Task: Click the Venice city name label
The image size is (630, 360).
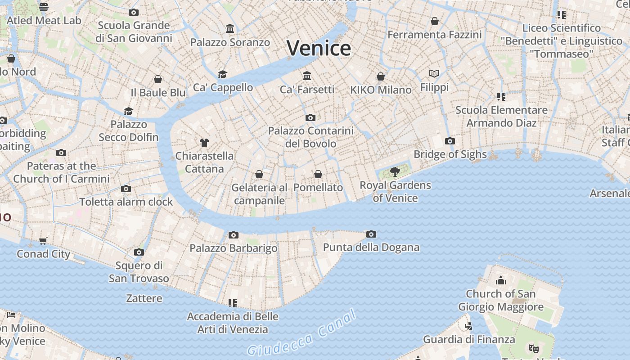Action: pyautogui.click(x=319, y=48)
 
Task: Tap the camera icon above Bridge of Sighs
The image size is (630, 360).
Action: pyautogui.click(x=450, y=141)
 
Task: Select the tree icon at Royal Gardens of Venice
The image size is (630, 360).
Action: pyautogui.click(x=395, y=171)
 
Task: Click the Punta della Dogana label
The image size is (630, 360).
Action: pyautogui.click(x=371, y=247)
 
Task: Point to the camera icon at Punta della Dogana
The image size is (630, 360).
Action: pyautogui.click(x=371, y=234)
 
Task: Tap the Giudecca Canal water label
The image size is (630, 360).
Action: pyautogui.click(x=302, y=333)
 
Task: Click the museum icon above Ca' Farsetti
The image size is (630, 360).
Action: pyautogui.click(x=307, y=76)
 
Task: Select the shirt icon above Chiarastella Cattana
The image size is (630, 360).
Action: pyautogui.click(x=204, y=142)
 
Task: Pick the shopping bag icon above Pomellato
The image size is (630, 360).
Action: pyautogui.click(x=318, y=174)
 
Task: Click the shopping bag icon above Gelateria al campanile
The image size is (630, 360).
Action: pyautogui.click(x=259, y=174)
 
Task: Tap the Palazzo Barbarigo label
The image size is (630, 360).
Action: pyautogui.click(x=233, y=248)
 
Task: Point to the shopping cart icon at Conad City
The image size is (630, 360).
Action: pyautogui.click(x=43, y=241)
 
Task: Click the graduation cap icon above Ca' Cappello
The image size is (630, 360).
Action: pyautogui.click(x=222, y=74)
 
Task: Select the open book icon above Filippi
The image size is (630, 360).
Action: pyautogui.click(x=434, y=73)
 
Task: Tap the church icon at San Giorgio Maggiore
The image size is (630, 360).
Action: pyautogui.click(x=500, y=281)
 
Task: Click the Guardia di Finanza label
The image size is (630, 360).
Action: pyautogui.click(x=469, y=339)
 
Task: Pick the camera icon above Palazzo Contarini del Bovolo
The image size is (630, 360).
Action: pyautogui.click(x=310, y=117)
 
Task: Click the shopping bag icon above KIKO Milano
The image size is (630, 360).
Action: pyautogui.click(x=381, y=76)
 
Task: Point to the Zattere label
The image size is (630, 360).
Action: pyautogui.click(x=144, y=298)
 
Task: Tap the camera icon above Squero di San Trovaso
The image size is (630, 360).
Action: pyautogui.click(x=139, y=252)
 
